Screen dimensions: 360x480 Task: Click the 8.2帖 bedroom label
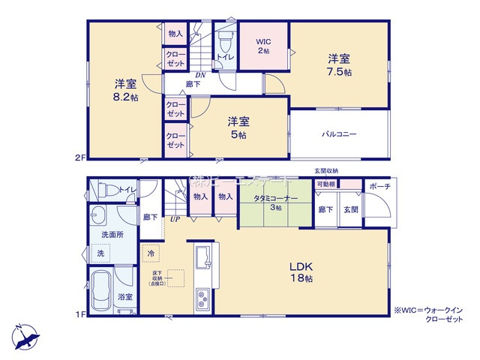point(125,90)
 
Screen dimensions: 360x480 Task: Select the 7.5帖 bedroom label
point(338,64)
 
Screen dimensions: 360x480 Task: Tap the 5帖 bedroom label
point(239,127)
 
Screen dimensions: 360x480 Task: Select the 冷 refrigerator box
point(151,253)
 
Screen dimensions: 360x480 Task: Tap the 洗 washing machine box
point(100,254)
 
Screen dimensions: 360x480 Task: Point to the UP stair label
point(174,219)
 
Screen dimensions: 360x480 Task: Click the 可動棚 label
point(325,184)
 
